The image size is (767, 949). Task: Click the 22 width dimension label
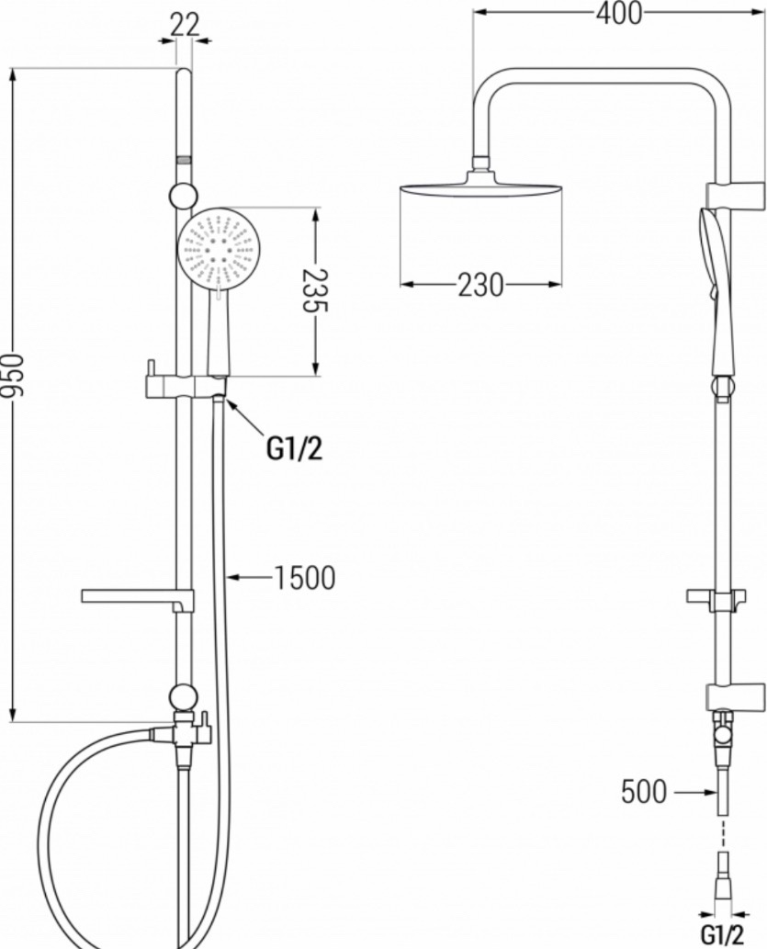[184, 25]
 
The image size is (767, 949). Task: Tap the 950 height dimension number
[13, 375]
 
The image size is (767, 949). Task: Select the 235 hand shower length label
[316, 290]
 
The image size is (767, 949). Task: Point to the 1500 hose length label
[304, 577]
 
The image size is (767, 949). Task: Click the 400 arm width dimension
[619, 13]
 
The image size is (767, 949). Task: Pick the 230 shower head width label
[480, 285]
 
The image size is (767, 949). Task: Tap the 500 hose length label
[644, 791]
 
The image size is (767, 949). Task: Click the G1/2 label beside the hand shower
[294, 448]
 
